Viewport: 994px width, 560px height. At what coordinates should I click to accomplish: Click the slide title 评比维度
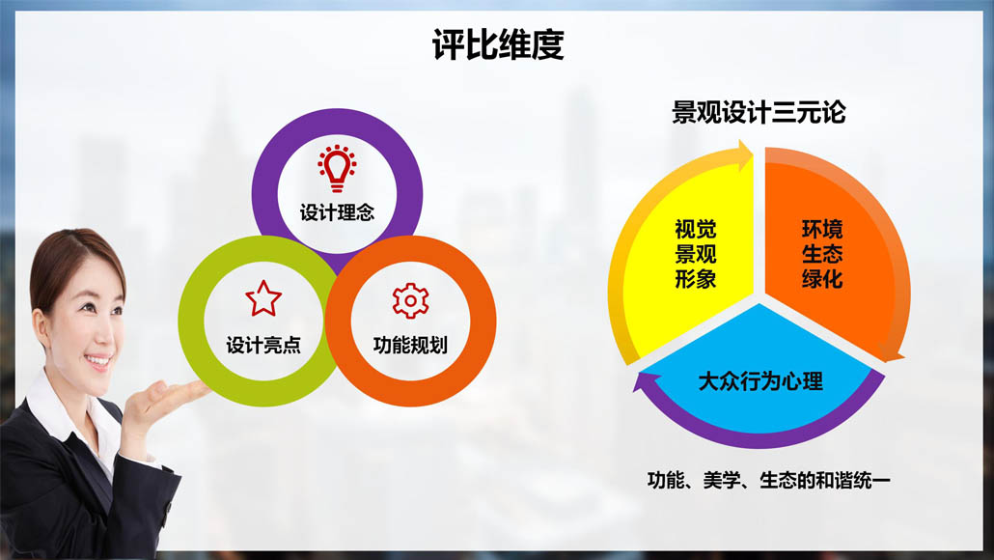click(x=498, y=44)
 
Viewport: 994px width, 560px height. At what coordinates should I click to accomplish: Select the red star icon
click(x=263, y=298)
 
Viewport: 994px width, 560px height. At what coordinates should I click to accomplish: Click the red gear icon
click(x=410, y=300)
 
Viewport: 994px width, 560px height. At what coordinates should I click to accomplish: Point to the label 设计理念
click(x=337, y=212)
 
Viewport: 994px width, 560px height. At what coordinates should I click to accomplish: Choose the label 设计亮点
click(x=263, y=345)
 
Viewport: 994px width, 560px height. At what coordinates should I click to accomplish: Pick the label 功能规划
click(x=410, y=345)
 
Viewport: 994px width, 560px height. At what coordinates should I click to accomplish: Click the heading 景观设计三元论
click(x=759, y=112)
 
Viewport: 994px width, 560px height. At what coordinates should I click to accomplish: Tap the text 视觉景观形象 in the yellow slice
click(x=696, y=254)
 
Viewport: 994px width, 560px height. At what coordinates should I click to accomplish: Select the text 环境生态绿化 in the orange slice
click(x=822, y=254)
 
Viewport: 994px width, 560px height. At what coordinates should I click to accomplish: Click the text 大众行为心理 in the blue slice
click(x=760, y=381)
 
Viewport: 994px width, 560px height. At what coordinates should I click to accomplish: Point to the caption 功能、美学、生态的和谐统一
click(x=768, y=480)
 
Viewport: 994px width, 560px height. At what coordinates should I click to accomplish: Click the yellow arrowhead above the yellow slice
click(x=743, y=155)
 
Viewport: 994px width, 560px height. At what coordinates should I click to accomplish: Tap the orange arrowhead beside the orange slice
click(x=892, y=351)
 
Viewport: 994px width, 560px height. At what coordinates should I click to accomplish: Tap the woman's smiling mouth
click(x=97, y=361)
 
